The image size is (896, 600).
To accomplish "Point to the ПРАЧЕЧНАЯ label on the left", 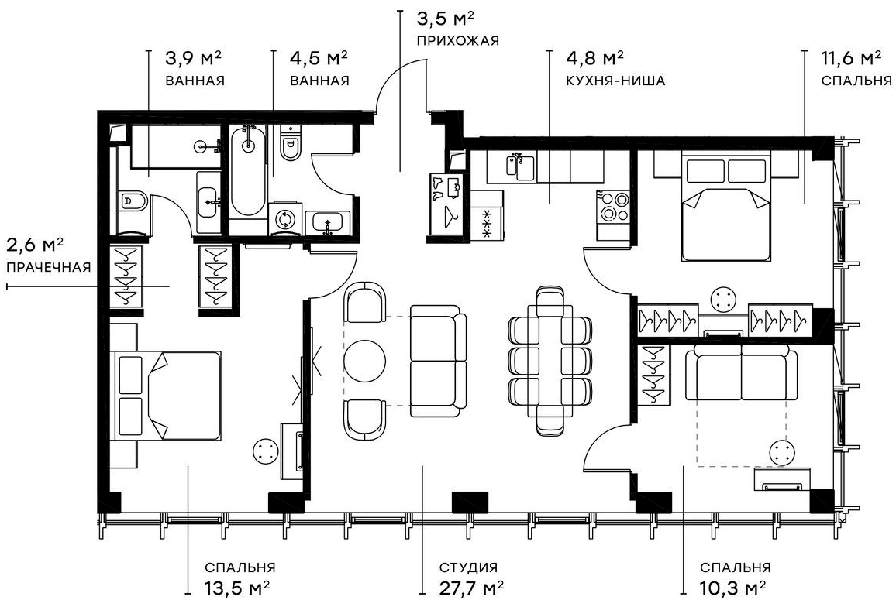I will click(x=48, y=268).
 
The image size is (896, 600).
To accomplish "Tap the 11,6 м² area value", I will click(x=851, y=59).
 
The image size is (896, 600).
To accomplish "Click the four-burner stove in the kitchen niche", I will click(x=614, y=207).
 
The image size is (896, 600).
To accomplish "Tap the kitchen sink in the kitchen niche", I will click(x=519, y=166).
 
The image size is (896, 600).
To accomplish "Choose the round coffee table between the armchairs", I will click(x=364, y=362).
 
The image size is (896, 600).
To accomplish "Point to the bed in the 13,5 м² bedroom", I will click(x=164, y=396).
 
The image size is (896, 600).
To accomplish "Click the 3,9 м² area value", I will click(x=194, y=59).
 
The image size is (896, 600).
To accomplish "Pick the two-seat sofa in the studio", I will click(x=438, y=359).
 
